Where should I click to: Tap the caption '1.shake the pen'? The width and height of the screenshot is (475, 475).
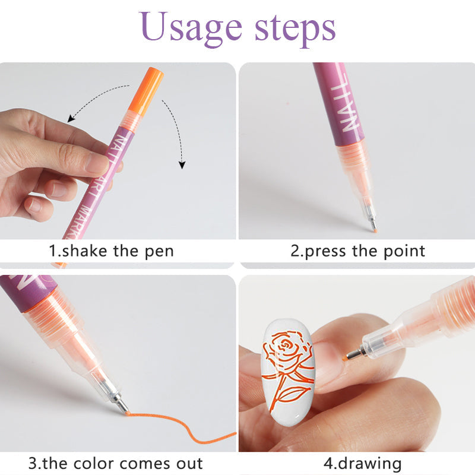pyautogui.click(x=111, y=251)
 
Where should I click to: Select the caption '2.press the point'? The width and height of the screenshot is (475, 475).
pyautogui.click(x=357, y=251)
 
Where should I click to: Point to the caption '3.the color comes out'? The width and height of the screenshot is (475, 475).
pyautogui.click(x=115, y=463)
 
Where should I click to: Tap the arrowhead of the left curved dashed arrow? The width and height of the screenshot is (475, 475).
pyautogui.click(x=71, y=119)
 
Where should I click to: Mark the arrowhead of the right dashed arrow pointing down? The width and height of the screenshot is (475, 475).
pyautogui.click(x=182, y=164)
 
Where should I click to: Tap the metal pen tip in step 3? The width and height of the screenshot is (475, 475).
pyautogui.click(x=119, y=404)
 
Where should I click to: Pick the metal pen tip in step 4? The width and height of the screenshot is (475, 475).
pyautogui.click(x=355, y=354)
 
